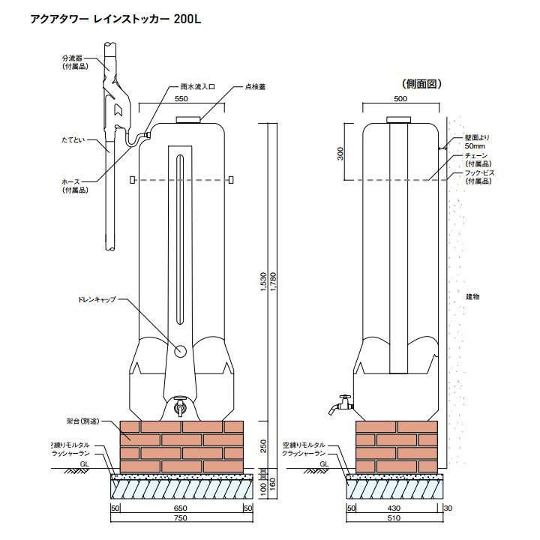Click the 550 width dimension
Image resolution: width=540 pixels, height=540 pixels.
pos(181,98)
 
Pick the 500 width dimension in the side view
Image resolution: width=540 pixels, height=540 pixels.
pos(400,98)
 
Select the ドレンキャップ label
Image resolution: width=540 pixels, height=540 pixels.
pos(97,300)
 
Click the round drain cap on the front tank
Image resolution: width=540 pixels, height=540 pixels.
pos(180,350)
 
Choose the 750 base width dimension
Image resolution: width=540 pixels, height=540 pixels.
pos(180,517)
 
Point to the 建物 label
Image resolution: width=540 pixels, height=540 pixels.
pos(472,297)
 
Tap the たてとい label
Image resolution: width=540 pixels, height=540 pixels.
pos(73,140)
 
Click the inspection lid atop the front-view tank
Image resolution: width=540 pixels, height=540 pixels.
pos(188,118)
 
